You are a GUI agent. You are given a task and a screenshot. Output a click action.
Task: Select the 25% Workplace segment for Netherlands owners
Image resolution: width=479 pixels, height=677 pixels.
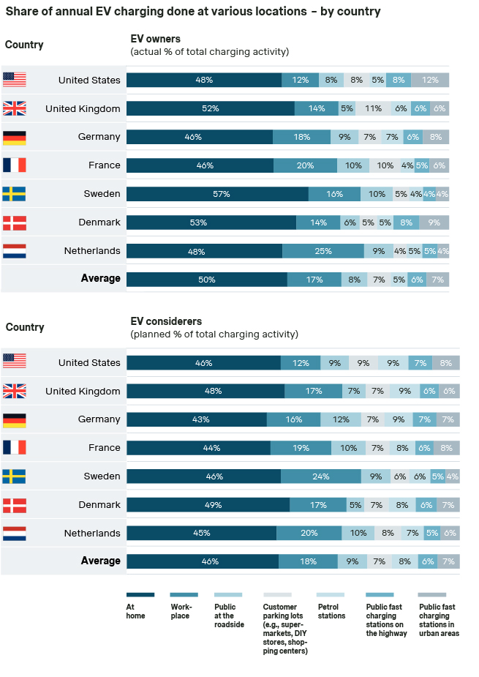click(323, 251)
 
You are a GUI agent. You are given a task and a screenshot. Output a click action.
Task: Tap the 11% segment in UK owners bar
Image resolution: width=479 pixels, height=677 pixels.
click(373, 108)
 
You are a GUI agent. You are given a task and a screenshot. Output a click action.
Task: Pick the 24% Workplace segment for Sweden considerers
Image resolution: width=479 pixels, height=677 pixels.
click(321, 476)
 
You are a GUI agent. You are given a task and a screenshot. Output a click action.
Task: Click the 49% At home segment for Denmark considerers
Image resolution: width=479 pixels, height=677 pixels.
click(208, 505)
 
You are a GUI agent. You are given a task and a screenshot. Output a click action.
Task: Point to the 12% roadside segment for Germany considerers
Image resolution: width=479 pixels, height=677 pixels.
click(341, 419)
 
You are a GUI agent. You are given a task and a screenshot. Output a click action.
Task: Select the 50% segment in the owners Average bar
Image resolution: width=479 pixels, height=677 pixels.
click(207, 279)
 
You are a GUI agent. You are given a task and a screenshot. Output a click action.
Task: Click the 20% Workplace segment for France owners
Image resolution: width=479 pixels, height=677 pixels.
click(306, 165)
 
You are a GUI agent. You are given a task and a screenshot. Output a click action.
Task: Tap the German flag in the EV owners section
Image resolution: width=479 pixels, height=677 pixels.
click(15, 137)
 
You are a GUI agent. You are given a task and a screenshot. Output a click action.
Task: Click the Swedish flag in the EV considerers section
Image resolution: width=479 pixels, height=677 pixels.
click(15, 476)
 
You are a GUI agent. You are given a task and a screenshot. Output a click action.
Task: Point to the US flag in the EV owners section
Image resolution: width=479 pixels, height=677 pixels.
click(15, 80)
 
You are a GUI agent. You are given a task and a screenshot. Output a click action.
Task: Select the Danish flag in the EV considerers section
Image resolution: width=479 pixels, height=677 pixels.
click(15, 505)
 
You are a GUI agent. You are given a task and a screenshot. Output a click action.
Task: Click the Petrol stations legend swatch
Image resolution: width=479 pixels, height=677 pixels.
click(332, 595)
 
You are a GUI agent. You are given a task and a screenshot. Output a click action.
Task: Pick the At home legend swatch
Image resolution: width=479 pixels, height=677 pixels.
click(140, 595)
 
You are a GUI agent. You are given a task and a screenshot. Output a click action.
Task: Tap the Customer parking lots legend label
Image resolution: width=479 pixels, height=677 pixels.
click(285, 629)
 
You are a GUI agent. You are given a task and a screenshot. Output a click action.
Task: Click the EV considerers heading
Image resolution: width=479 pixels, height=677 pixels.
click(166, 321)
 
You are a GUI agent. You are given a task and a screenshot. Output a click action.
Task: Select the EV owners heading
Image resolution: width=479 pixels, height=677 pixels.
click(155, 39)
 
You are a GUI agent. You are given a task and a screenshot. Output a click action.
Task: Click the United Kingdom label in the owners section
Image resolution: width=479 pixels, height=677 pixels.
click(83, 108)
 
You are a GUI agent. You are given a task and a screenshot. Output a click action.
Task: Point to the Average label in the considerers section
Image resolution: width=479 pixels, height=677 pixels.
click(100, 561)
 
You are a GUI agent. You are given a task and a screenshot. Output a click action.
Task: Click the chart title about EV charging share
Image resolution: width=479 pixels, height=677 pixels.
click(193, 12)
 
